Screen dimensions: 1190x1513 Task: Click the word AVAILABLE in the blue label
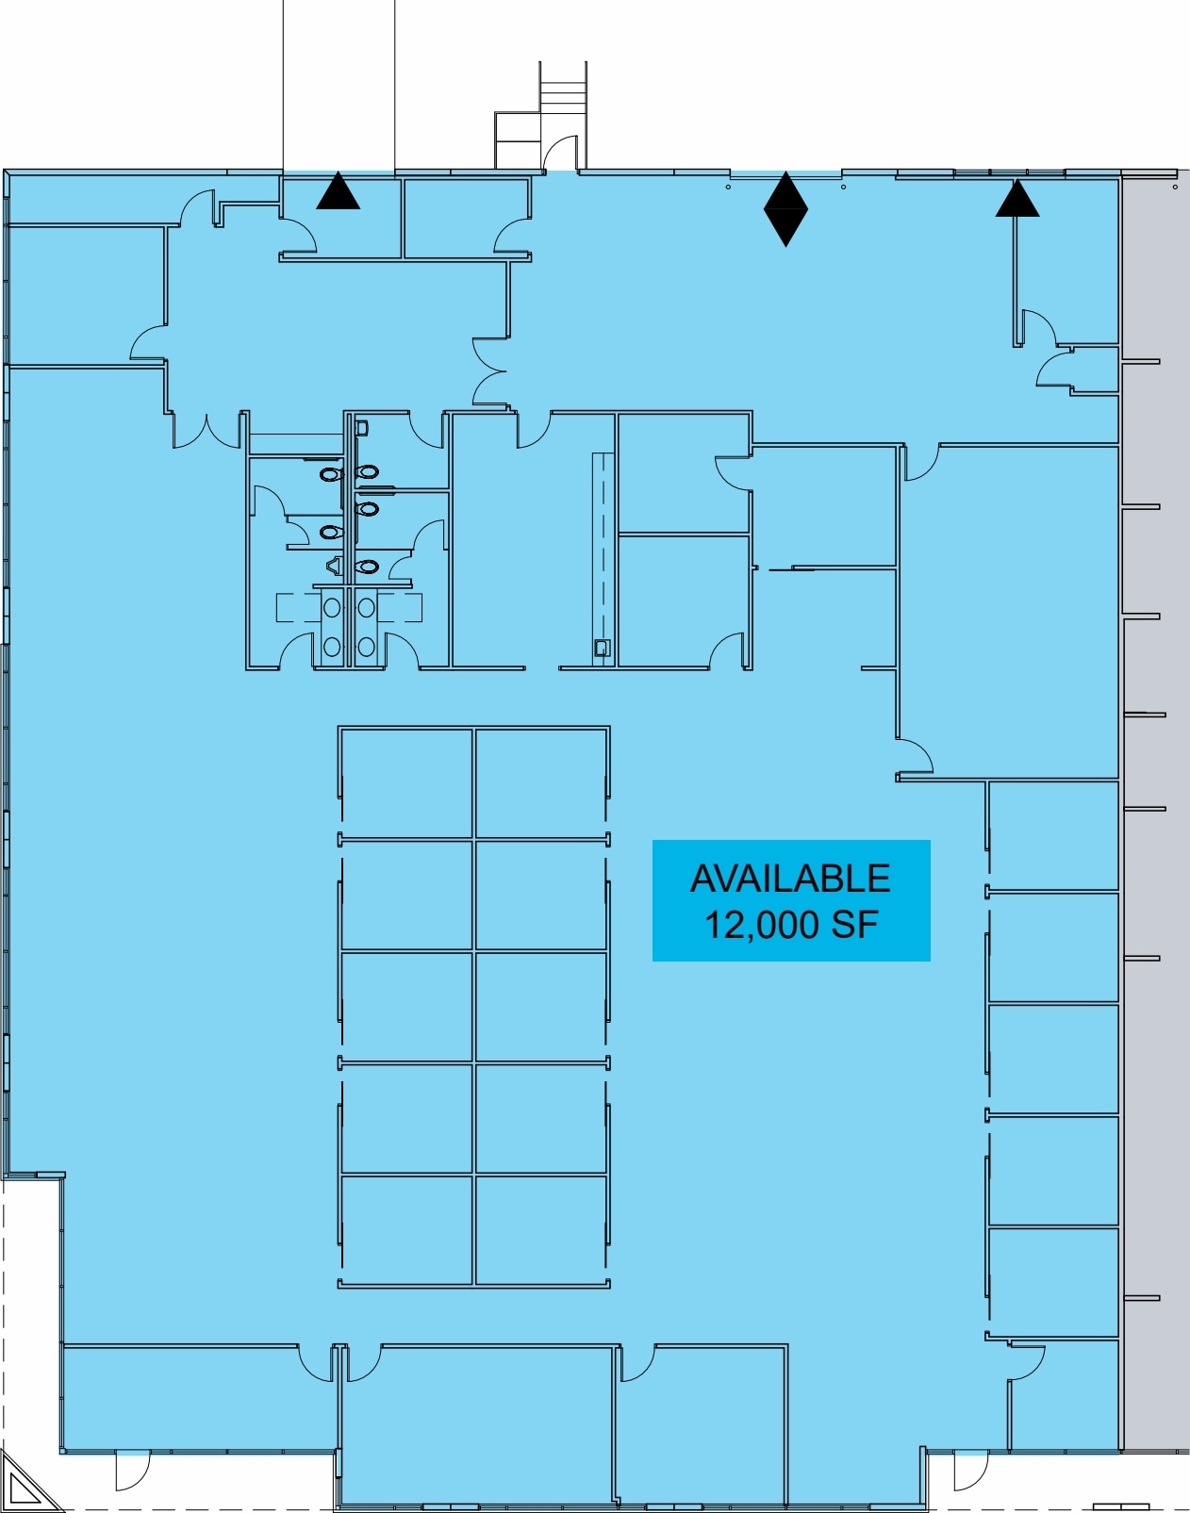click(x=790, y=879)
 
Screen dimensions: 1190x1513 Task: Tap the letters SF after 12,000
click(x=854, y=925)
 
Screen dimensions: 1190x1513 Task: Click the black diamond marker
click(x=785, y=209)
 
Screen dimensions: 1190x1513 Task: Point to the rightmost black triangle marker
click(x=1017, y=198)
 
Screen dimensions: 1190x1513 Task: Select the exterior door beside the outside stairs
click(x=560, y=154)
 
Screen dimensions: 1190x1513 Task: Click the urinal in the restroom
click(x=334, y=565)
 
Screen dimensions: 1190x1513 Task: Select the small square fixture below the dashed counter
click(x=602, y=648)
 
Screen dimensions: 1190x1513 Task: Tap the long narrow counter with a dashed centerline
click(x=603, y=555)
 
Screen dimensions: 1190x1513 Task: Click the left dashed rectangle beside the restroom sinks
click(x=298, y=607)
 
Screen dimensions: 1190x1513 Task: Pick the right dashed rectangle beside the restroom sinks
click(x=400, y=607)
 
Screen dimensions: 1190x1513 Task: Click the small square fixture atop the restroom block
click(x=362, y=427)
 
